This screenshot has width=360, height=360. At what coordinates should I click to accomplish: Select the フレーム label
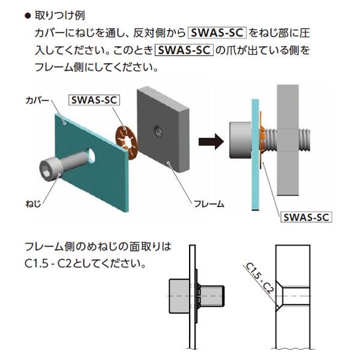208,203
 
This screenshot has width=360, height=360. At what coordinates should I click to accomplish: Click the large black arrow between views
211,142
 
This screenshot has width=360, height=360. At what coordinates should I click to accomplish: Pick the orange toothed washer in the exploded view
125,142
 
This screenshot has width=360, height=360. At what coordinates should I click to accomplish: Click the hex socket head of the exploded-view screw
49,166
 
